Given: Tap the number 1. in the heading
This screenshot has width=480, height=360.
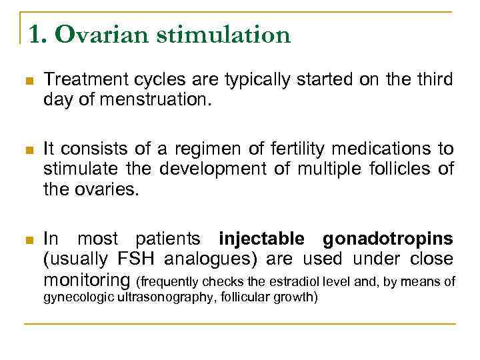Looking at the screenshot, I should [37, 35].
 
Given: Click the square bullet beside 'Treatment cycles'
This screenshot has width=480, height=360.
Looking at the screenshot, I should [29, 81].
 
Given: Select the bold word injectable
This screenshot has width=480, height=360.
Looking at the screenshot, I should [262, 239].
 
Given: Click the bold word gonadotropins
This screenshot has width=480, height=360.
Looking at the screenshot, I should [388, 239].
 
